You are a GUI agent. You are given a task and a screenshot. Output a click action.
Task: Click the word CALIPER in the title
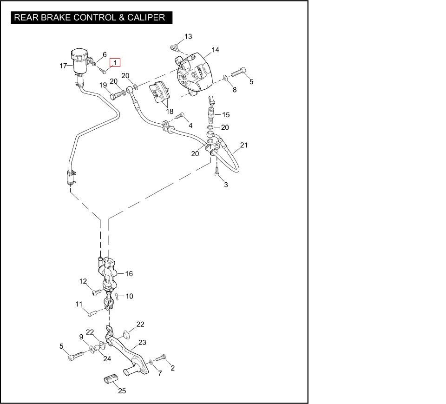(147, 18)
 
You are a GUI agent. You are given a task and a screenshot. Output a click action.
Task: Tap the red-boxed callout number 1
(115, 63)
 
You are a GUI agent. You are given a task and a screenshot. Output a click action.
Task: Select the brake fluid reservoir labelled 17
(79, 61)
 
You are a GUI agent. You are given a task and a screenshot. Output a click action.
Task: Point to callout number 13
(188, 36)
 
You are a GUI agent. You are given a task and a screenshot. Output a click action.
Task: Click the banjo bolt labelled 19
(115, 96)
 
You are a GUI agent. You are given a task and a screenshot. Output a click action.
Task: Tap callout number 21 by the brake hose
(244, 146)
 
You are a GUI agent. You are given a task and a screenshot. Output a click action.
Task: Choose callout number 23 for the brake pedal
(142, 343)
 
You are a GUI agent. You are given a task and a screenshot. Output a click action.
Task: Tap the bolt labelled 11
(91, 313)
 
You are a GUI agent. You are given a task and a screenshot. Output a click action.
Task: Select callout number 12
(83, 281)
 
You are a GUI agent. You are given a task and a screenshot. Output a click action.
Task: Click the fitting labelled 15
(211, 110)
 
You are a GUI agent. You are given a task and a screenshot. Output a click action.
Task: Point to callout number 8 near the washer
(235, 90)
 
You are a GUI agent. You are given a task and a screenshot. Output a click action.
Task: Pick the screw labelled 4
(181, 116)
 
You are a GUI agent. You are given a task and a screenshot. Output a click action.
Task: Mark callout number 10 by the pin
(130, 296)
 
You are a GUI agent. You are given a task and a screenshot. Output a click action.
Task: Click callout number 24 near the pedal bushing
(107, 358)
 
